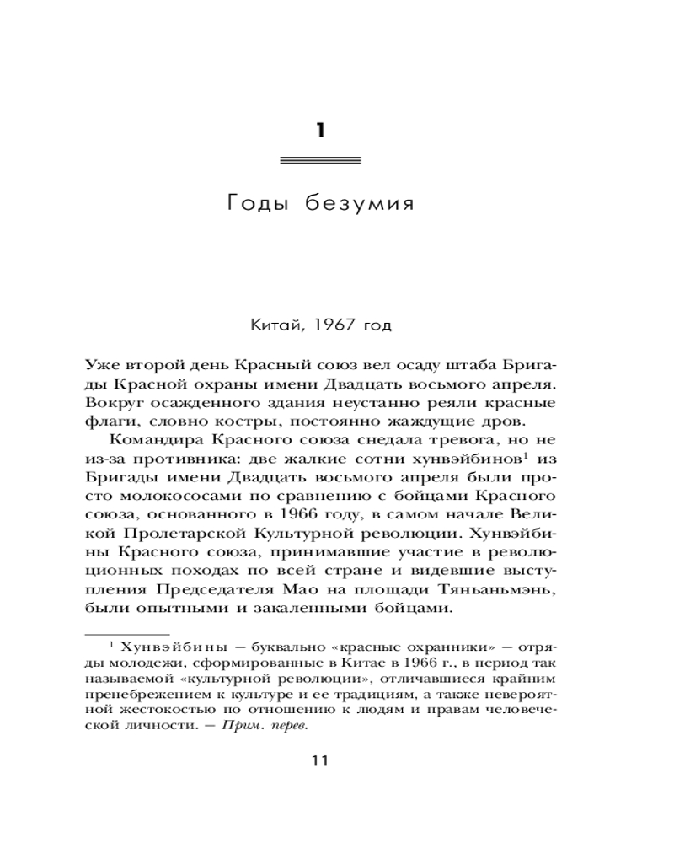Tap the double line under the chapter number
tap(319, 159)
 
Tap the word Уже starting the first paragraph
tap(104, 364)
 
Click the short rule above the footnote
tap(127, 631)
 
